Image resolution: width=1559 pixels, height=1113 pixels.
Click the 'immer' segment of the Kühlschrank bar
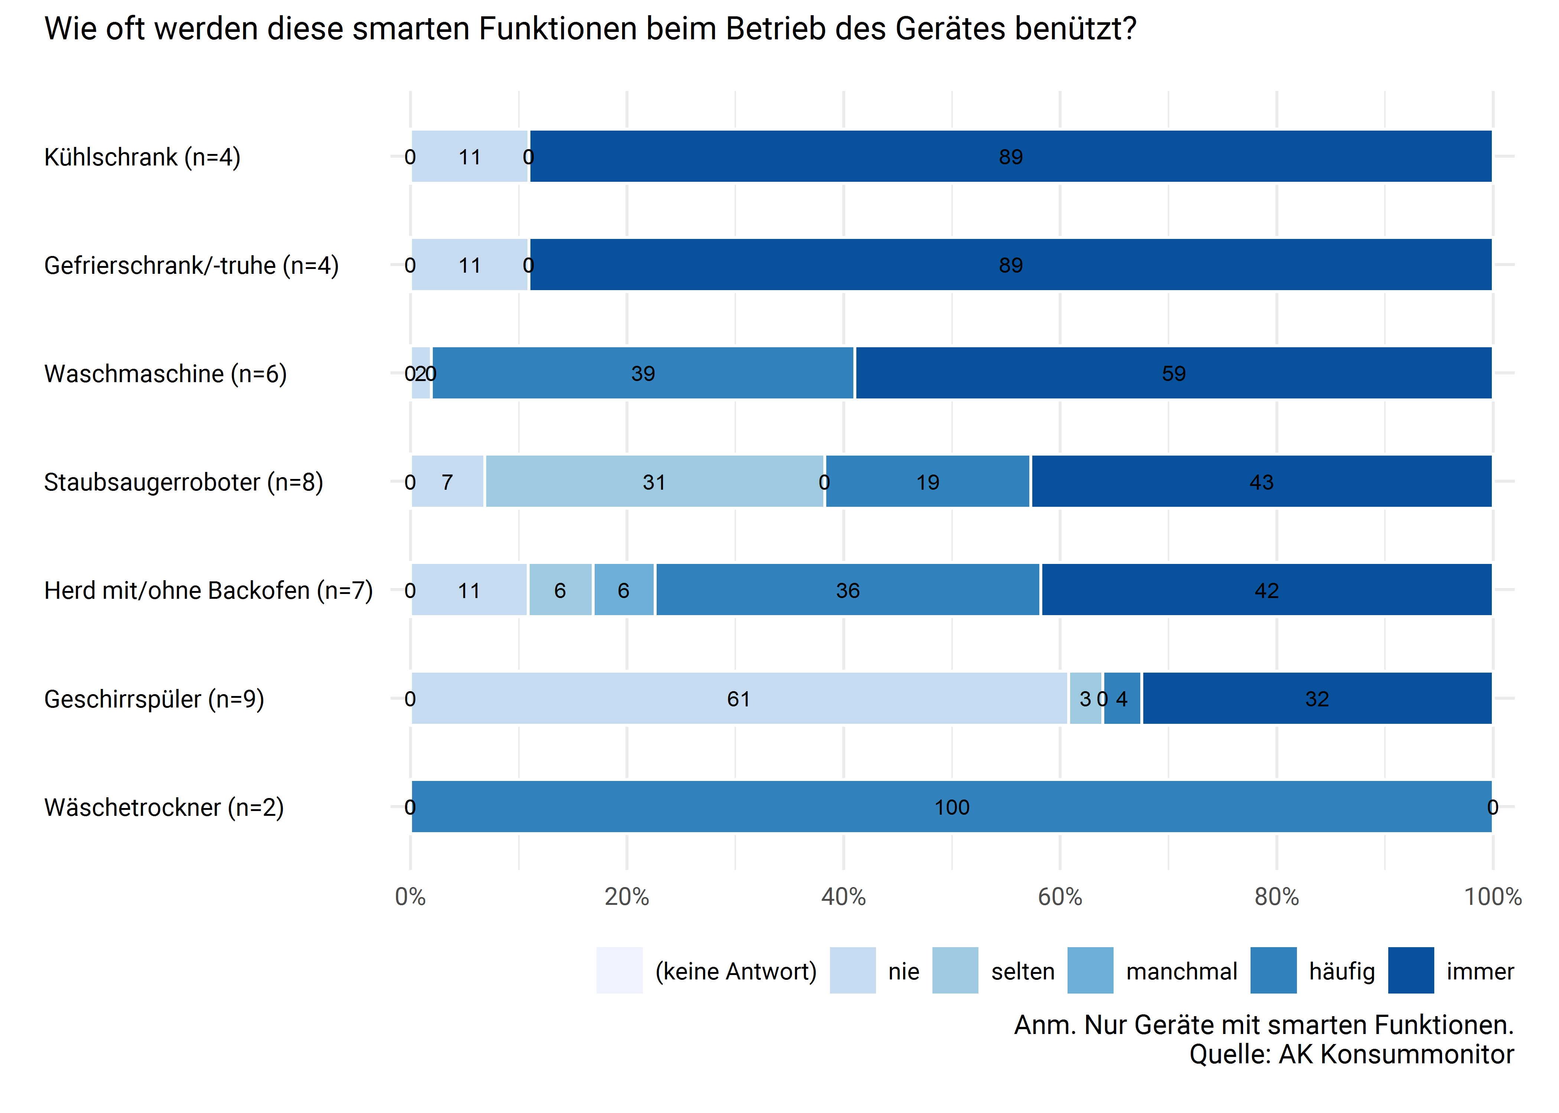(x=1010, y=156)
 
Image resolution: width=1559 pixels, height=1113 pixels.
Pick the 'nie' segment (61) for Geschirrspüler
(x=738, y=698)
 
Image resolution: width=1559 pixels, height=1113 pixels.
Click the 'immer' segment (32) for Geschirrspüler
(x=1316, y=698)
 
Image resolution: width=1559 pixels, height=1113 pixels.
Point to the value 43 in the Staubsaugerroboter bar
(x=1261, y=482)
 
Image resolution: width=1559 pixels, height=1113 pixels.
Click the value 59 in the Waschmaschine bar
(x=1173, y=374)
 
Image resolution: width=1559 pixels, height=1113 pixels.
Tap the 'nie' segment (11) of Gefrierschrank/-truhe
(x=470, y=265)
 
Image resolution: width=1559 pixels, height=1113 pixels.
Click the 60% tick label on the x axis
(x=1059, y=896)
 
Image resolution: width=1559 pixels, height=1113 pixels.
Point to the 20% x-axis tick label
(x=627, y=896)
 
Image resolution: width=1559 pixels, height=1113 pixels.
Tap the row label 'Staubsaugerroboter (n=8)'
(x=183, y=482)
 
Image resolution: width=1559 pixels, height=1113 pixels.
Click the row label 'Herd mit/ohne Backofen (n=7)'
(x=208, y=590)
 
